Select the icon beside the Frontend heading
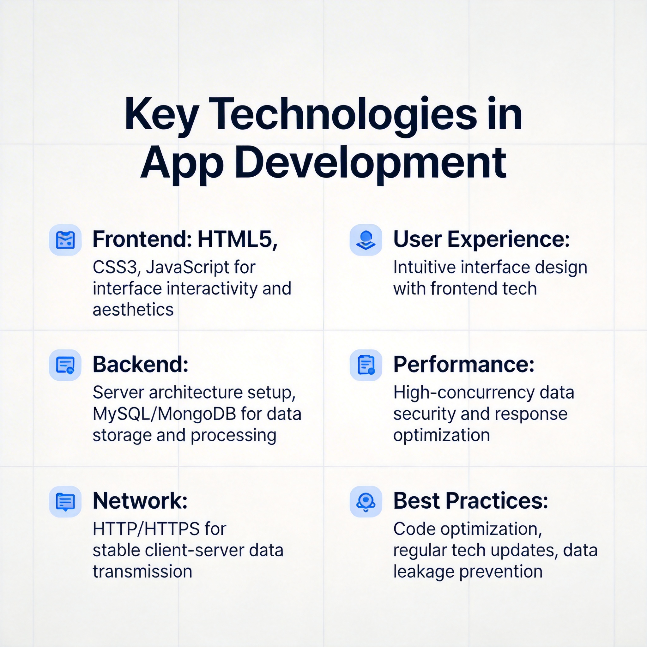[x=65, y=240]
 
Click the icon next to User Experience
[x=366, y=240]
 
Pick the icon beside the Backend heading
[x=65, y=365]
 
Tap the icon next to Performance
[x=366, y=365]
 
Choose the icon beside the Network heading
[x=65, y=501]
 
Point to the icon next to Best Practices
[x=366, y=501]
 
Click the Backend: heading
[x=140, y=364]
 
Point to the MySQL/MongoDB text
[x=164, y=414]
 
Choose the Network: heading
[x=140, y=501]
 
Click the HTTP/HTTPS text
[x=146, y=529]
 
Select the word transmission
[x=142, y=571]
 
